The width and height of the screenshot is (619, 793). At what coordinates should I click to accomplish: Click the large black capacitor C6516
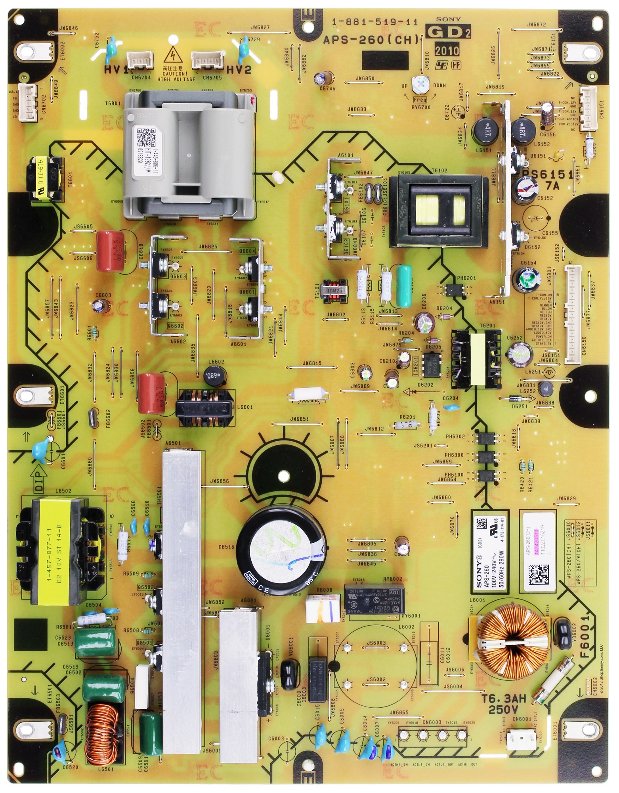point(282,546)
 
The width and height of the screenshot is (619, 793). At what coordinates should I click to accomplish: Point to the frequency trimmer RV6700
point(419,83)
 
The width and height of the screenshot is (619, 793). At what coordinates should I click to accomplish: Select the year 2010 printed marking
point(447,50)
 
